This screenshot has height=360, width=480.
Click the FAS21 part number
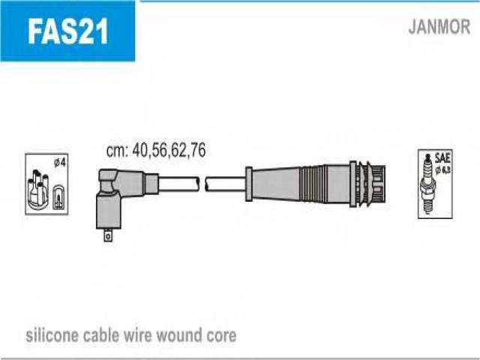coord(67,31)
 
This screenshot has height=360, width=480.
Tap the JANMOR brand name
coord(439,28)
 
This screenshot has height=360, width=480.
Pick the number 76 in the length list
coord(197,151)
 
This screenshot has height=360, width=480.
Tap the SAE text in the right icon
coord(442,158)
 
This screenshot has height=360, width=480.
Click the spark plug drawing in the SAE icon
coord(430,185)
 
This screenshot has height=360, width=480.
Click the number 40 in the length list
coord(140,151)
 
